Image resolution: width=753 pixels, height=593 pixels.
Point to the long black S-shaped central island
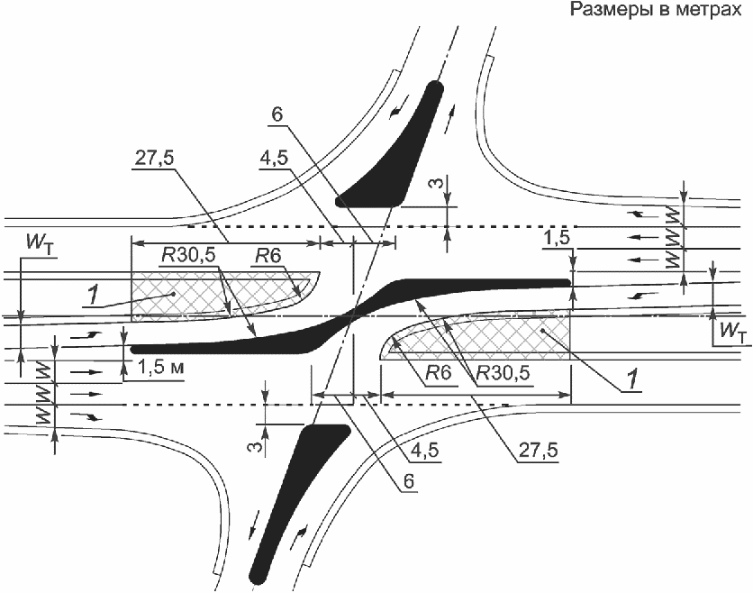(x=351, y=315)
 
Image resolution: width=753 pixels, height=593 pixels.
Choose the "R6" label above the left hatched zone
(x=266, y=257)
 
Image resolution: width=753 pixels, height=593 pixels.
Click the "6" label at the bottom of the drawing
(x=408, y=482)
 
